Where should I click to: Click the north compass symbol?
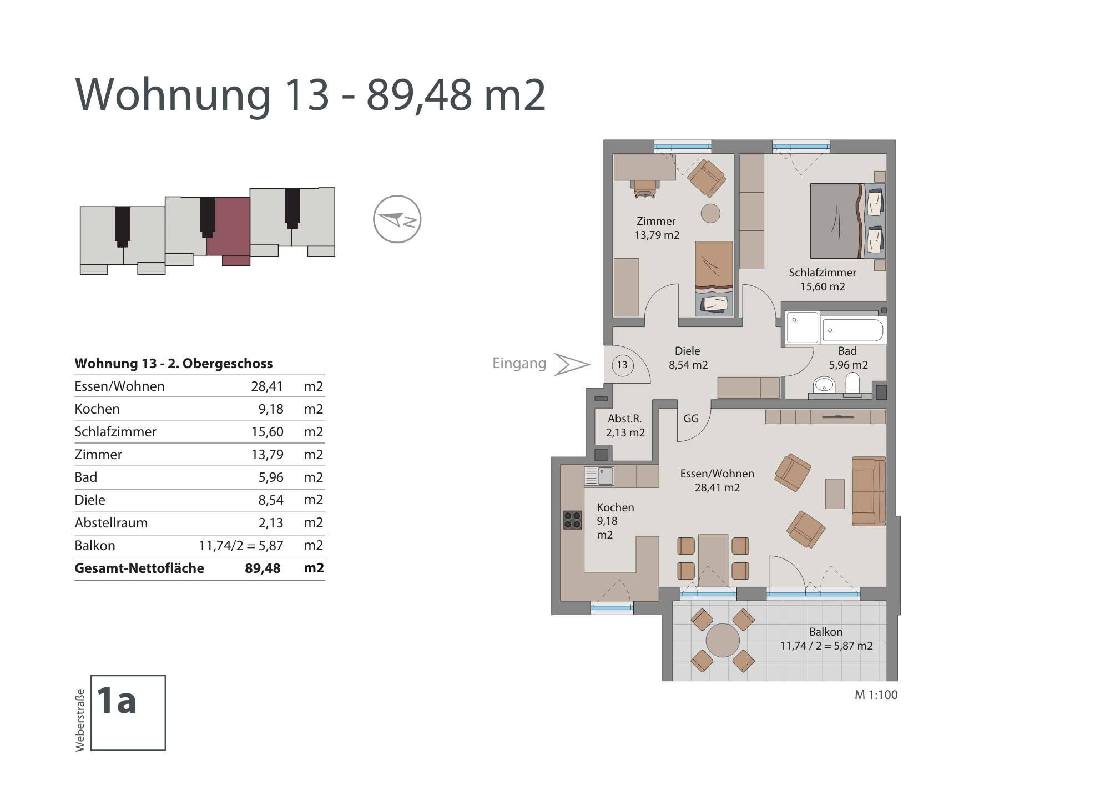(x=397, y=219)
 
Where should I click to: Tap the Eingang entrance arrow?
(x=572, y=364)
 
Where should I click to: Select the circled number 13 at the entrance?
(x=623, y=365)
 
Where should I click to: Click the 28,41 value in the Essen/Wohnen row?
(x=267, y=386)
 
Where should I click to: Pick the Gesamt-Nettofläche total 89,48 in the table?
(x=263, y=568)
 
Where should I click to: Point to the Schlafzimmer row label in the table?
(x=115, y=431)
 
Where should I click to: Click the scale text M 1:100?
(x=876, y=695)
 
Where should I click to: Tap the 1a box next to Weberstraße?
(x=128, y=713)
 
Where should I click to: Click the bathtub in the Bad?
(x=852, y=330)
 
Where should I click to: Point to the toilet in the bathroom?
(x=852, y=384)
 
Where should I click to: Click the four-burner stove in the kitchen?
(x=572, y=520)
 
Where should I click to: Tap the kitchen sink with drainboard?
(x=599, y=476)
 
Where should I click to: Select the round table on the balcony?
(x=723, y=640)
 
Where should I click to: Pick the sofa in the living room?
(x=869, y=491)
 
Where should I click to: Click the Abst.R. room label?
(x=625, y=419)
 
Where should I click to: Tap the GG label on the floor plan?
(x=691, y=419)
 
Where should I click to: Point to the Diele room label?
(x=687, y=351)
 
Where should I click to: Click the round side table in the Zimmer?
(x=710, y=213)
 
